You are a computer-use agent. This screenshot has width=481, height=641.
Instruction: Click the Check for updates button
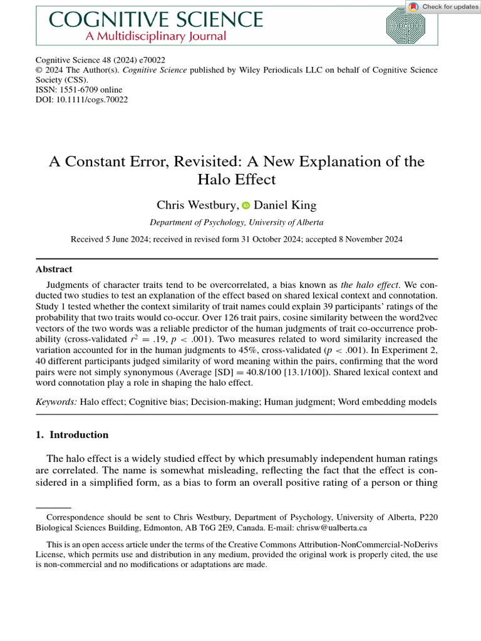pyautogui.click(x=443, y=7)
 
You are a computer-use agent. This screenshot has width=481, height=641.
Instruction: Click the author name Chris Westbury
pyautogui.click(x=196, y=205)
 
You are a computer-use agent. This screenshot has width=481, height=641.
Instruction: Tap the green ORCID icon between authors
pyautogui.click(x=245, y=206)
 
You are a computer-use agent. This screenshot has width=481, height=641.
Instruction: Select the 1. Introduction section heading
pyautogui.click(x=71, y=434)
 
